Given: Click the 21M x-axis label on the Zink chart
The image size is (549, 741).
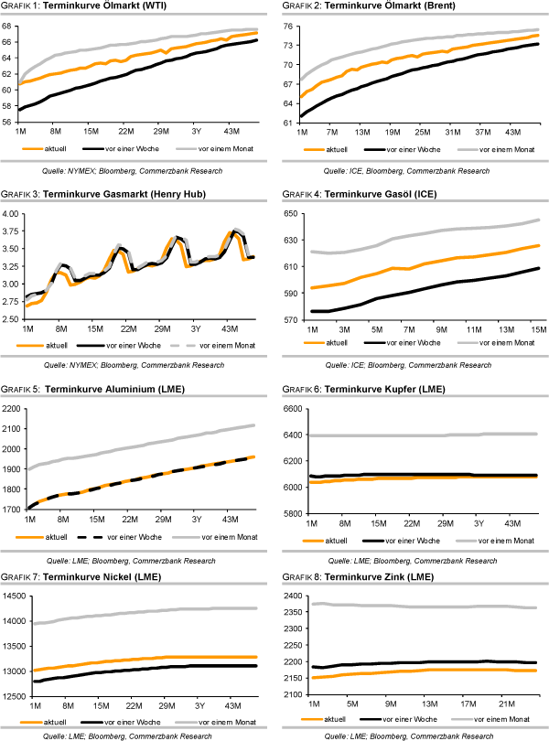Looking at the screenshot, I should pos(501,703).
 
